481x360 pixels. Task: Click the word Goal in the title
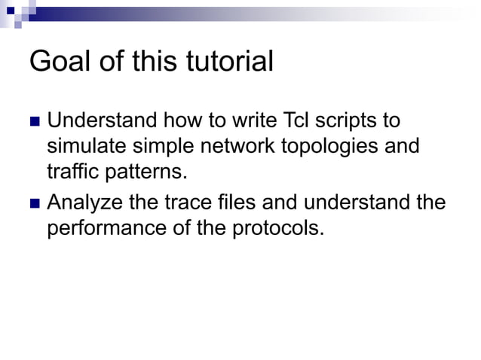tap(60, 63)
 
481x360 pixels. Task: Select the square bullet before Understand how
tap(34, 122)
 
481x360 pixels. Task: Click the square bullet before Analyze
tap(34, 204)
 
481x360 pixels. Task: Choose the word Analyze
tap(83, 204)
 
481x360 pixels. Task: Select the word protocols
tap(280, 229)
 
